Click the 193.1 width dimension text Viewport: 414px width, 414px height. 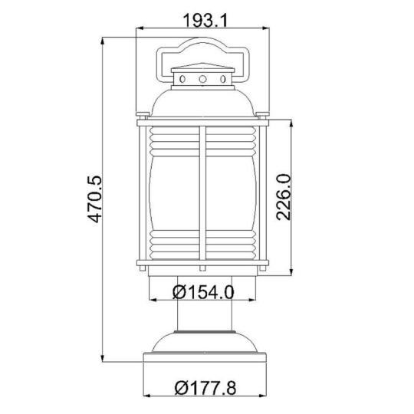(205, 21)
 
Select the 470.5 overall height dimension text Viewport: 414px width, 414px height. (94, 199)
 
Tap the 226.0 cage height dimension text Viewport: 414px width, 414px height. (284, 197)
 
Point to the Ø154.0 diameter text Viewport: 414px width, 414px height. (203, 292)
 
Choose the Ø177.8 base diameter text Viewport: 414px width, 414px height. (205, 388)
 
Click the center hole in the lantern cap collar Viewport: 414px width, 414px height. (202, 79)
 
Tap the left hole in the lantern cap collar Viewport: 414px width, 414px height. (182, 79)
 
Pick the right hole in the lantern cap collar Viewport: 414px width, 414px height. (223, 79)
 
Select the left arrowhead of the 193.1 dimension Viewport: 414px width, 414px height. (139, 28)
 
